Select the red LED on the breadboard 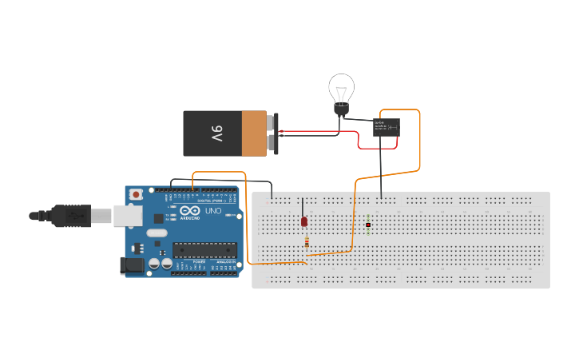point(304,221)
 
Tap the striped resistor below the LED point(306,242)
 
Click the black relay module point(387,127)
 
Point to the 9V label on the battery point(216,133)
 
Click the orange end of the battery point(254,133)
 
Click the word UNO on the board point(213,211)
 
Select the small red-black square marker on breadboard point(368,225)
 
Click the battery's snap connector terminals point(272,133)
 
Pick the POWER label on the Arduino point(199,261)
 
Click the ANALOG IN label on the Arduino point(226,261)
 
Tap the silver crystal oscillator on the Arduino point(157,234)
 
